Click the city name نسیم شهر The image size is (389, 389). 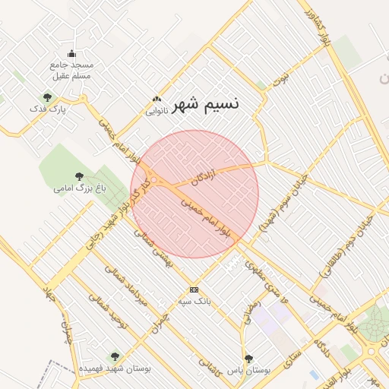[x=206, y=103]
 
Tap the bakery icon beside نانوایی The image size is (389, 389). [x=157, y=99]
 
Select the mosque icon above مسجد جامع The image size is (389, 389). [x=71, y=53]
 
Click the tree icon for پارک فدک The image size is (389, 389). [x=47, y=97]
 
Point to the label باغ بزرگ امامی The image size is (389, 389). [x=79, y=187]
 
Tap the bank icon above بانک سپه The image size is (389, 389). [x=194, y=289]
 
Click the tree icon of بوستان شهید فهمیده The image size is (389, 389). [x=115, y=356]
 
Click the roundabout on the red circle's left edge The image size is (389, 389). [x=153, y=180]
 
